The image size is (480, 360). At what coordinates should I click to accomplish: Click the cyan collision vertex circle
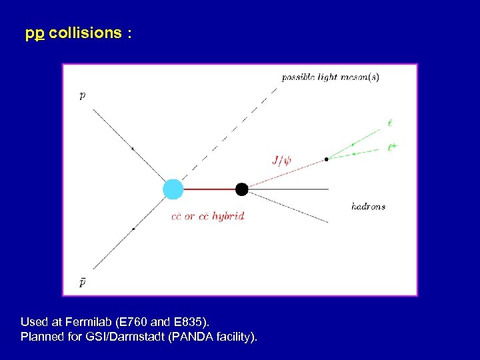pyautogui.click(x=173, y=189)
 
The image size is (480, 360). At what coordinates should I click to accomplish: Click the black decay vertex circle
pyautogui.click(x=241, y=189)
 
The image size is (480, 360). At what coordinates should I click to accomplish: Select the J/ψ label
pyautogui.click(x=282, y=159)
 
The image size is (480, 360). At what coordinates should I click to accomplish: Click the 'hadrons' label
pyautogui.click(x=368, y=207)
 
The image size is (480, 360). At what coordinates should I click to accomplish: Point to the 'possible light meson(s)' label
pyautogui.click(x=330, y=77)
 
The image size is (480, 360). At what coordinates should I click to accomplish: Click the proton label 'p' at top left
pyautogui.click(x=82, y=95)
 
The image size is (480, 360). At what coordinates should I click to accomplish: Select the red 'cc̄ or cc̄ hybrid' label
pyautogui.click(x=207, y=217)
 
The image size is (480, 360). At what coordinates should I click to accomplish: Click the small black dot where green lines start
pyautogui.click(x=327, y=159)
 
